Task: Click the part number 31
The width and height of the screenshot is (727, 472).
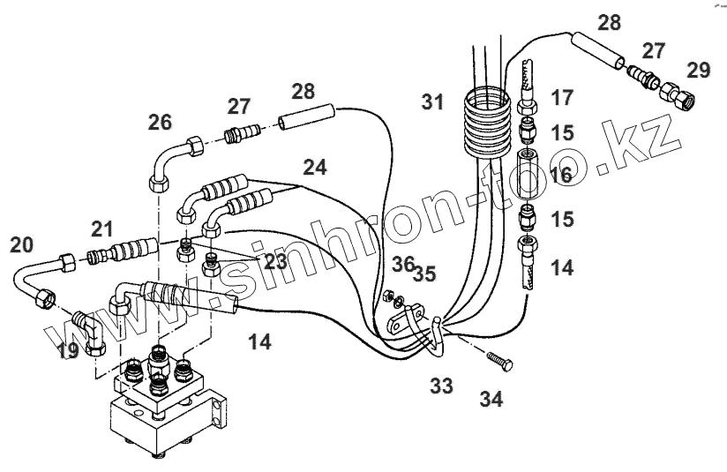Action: pos(432,103)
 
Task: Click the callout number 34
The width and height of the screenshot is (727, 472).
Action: pos(491,399)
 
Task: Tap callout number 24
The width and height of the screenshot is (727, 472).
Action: pos(316,165)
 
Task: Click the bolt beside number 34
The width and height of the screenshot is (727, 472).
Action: pos(499,362)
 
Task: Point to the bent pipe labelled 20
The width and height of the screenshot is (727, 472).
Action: pos(31,281)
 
